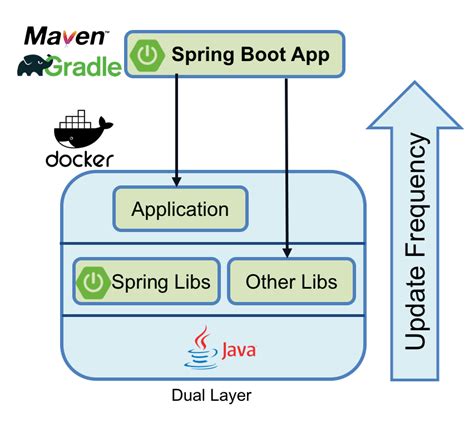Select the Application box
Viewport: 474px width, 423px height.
click(x=180, y=210)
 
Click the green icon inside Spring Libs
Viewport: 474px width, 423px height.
click(x=93, y=282)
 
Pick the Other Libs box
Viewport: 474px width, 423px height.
click(x=291, y=282)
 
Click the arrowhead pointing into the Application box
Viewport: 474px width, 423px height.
click(x=177, y=182)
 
